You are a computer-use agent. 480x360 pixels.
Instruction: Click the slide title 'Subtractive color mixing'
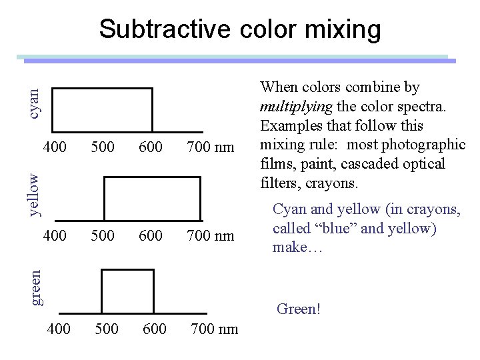coord(240,29)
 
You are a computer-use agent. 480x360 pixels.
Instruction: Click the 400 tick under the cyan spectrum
coord(55,146)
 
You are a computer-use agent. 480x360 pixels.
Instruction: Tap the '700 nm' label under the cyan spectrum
coord(210,146)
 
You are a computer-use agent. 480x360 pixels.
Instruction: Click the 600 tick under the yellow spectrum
coord(151,235)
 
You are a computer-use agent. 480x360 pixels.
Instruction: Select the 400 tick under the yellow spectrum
coord(55,235)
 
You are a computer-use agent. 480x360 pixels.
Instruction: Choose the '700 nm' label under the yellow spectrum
coord(210,235)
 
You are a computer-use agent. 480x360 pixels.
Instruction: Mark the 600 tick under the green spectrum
coord(155,328)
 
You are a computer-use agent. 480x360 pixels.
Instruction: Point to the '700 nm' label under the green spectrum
coord(214,328)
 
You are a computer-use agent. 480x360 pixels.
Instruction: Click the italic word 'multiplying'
coord(291,106)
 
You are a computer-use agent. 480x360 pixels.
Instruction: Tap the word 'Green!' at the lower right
coord(299,309)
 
